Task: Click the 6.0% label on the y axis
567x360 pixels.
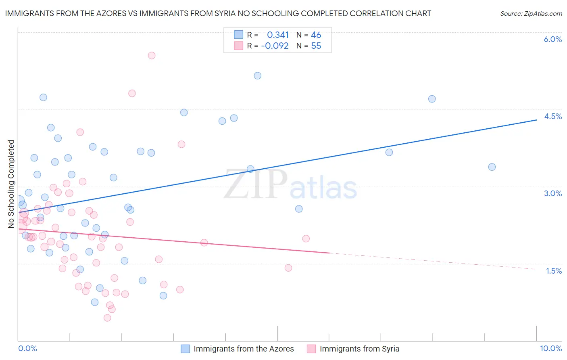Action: point(552,39)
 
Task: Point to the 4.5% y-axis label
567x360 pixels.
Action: point(552,116)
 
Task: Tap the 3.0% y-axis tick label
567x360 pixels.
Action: point(552,193)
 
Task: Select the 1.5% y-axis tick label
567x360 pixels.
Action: point(553,271)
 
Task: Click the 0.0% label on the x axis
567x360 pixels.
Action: point(27,348)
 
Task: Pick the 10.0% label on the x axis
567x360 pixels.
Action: point(550,348)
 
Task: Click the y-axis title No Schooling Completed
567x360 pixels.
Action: point(11,184)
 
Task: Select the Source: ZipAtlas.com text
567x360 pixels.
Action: point(531,13)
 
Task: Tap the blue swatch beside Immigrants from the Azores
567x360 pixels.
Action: point(185,349)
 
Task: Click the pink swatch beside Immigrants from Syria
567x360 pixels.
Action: point(311,349)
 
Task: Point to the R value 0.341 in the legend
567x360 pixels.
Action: point(278,35)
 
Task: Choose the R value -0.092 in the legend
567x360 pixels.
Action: point(275,46)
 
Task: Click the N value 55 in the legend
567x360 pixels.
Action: point(316,46)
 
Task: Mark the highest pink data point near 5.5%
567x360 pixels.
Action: point(152,55)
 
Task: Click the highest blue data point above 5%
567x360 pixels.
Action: point(258,75)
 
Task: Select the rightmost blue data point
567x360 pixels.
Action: point(492,167)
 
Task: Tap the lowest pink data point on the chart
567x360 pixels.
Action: point(107,318)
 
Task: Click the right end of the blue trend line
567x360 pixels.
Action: point(536,120)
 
